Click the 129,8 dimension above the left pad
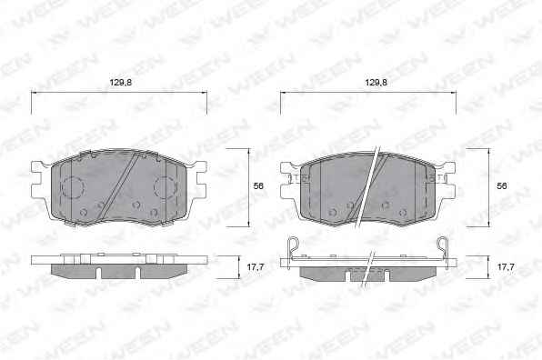(121, 83)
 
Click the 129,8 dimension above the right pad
(376, 83)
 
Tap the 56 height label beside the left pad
(258, 185)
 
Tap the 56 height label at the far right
(502, 185)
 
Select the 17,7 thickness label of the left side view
(256, 266)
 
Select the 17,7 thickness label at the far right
(506, 266)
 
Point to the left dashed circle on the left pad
(73, 187)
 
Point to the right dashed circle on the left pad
(165, 187)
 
